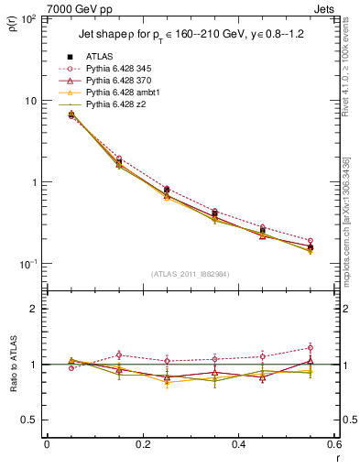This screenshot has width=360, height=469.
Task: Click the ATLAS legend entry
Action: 99,57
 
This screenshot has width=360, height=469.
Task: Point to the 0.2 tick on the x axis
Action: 142,443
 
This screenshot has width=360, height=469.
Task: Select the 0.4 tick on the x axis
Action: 238,443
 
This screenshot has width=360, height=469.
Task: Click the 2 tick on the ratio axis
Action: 36,309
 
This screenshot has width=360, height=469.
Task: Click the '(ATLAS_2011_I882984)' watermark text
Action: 191,274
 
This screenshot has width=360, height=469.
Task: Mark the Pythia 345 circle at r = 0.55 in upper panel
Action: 311,241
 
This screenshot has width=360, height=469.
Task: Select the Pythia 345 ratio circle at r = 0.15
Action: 118,354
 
